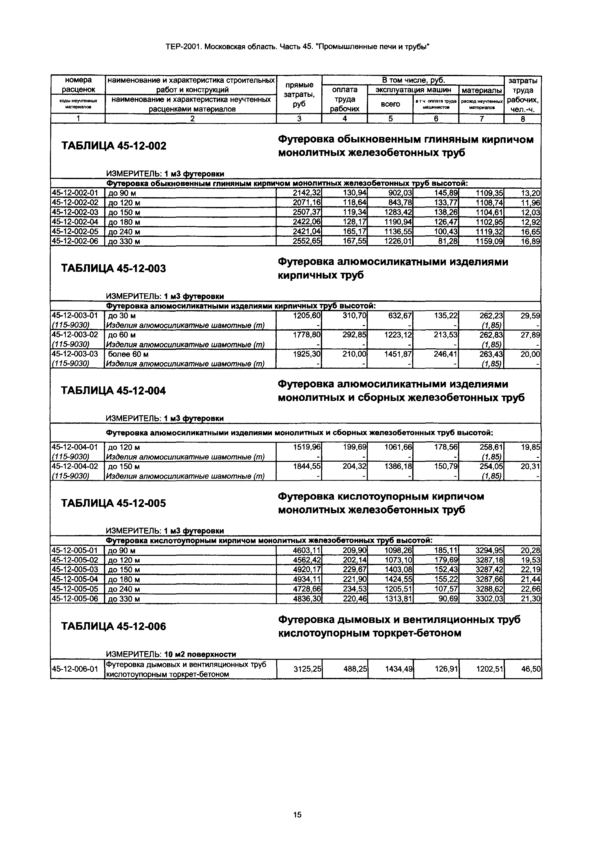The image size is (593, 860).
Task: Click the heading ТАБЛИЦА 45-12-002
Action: [x=113, y=146]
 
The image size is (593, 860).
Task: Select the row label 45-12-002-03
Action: [x=75, y=212]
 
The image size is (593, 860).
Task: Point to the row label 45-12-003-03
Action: [x=75, y=354]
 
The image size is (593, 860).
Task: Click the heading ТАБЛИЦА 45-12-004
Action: [x=113, y=391]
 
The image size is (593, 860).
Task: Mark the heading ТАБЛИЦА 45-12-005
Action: [x=113, y=503]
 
